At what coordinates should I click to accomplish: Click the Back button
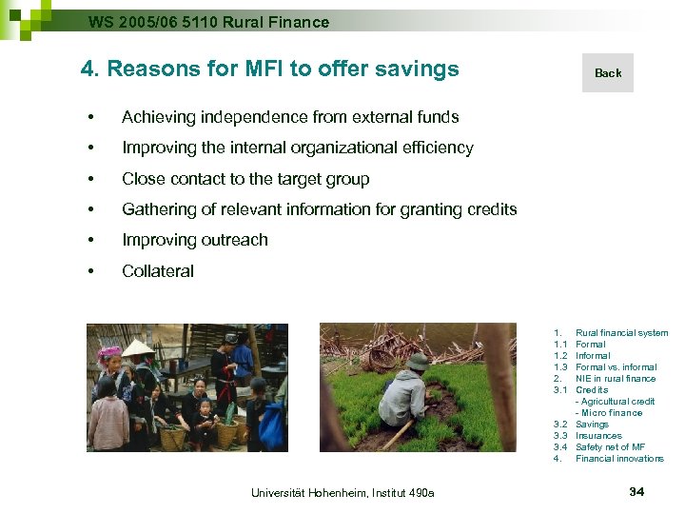coord(608,73)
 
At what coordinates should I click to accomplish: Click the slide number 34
coord(637,491)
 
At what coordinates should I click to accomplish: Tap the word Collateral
coord(158,271)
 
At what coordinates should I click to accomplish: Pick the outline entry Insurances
coord(598,436)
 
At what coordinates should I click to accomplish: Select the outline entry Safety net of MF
coord(610,447)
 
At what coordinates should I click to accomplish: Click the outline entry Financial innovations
coord(619,459)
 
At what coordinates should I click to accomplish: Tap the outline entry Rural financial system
coord(621,333)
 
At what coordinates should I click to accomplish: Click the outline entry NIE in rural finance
coord(616,379)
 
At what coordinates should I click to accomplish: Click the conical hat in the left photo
coord(139,347)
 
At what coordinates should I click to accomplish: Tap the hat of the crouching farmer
coord(417,362)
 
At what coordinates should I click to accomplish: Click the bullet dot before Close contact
coord(89,179)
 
